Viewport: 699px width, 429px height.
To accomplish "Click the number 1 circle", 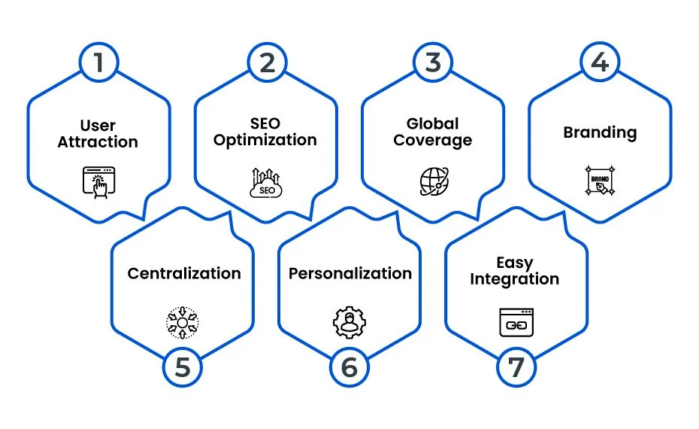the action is [x=98, y=62].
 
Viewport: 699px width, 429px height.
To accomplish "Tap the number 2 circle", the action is [x=267, y=62].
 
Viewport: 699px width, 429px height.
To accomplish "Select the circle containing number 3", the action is [x=433, y=62].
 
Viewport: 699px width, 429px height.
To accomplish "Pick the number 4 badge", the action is [x=600, y=62].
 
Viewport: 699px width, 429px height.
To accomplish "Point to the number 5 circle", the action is [x=183, y=367].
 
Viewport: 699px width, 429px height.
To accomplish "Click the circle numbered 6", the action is [x=349, y=367].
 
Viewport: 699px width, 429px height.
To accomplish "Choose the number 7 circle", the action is [x=516, y=367].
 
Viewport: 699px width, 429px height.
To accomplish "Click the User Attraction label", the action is [x=98, y=133].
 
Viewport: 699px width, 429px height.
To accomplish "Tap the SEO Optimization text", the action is [x=265, y=132].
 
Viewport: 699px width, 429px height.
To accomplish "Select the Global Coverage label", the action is [x=432, y=132].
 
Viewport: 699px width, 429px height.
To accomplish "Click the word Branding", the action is [x=600, y=132].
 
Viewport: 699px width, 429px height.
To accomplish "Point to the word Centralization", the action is [x=184, y=273].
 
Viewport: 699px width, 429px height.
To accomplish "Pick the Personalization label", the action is [x=350, y=273].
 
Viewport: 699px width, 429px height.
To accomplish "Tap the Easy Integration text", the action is [x=514, y=271].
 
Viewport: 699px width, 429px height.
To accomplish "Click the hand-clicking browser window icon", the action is [x=99, y=182].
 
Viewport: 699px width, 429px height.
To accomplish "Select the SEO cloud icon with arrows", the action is [x=266, y=183].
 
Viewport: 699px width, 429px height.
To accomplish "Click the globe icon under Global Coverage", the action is [x=434, y=181].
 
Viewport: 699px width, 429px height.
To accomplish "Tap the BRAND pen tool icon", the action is [x=600, y=181].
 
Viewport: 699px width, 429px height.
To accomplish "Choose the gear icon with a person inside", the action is [x=349, y=322].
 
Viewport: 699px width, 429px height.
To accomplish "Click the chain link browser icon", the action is [x=516, y=322].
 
